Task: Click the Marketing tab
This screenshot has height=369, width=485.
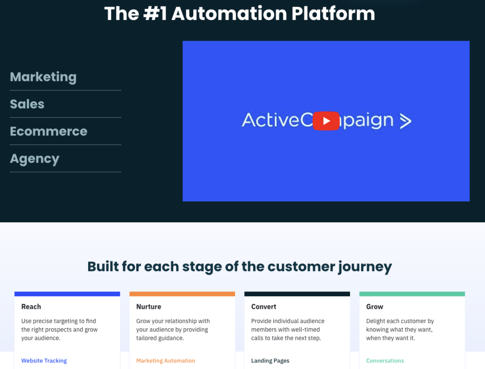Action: point(43,77)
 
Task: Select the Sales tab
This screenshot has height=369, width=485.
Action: point(27,104)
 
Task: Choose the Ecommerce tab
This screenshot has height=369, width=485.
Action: point(49,132)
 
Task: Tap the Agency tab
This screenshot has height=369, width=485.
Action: point(35,159)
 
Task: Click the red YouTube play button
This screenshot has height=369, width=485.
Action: point(326,121)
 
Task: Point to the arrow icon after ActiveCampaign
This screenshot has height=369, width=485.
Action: point(405,121)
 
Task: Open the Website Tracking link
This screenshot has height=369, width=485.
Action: point(44,360)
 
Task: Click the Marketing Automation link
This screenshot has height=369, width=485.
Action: point(165,360)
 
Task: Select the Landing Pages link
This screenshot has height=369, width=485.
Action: point(270,360)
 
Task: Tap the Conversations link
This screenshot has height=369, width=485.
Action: point(385,360)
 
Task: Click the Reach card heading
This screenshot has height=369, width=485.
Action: point(31,307)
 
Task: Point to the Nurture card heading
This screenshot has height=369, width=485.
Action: point(149,307)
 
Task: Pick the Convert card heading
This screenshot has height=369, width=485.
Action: point(263,307)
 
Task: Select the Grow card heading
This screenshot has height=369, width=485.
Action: point(375,307)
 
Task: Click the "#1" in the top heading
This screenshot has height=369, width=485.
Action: point(155,14)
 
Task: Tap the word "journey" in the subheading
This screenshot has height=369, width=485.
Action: point(365,267)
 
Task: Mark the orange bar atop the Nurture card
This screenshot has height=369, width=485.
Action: point(182,294)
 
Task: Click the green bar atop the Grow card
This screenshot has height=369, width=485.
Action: point(412,294)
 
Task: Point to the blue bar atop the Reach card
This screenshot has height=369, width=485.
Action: point(67,294)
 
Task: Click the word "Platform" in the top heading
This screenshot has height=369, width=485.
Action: point(333,14)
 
